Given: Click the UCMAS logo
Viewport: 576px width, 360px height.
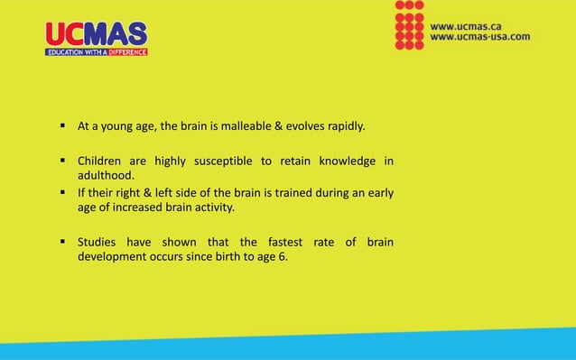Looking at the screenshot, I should point(97,33).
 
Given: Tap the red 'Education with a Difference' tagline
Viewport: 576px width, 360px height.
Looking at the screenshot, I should point(97,51).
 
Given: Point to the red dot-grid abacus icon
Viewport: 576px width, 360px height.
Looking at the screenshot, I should point(409,25).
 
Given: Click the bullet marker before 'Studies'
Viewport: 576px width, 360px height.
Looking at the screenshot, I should point(63,242).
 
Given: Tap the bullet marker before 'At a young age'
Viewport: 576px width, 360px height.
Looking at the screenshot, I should point(63,125).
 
